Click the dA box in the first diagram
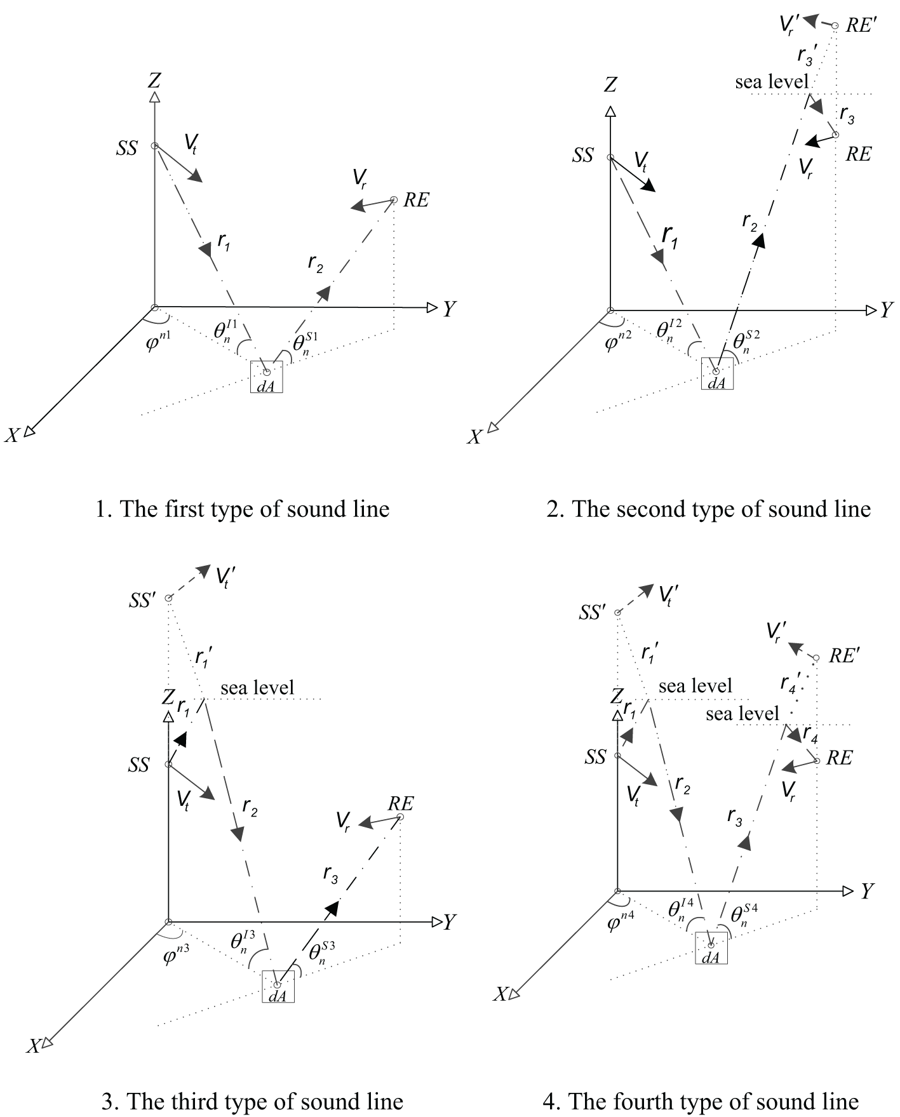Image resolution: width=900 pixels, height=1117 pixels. [x=266, y=377]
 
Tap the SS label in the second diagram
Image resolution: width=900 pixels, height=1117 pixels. [x=582, y=156]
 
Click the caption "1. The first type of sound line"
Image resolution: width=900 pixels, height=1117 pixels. [x=242, y=509]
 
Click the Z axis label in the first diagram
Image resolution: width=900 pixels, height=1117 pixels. [x=154, y=81]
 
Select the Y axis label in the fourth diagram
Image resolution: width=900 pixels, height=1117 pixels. [x=868, y=892]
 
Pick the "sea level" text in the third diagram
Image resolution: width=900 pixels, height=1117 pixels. [x=257, y=688]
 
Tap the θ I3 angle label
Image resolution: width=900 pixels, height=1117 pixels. [x=243, y=940]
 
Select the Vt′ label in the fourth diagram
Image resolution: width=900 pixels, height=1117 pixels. [x=669, y=594]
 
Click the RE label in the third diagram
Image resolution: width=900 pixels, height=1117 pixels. [x=400, y=804]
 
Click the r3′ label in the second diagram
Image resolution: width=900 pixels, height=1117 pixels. [x=807, y=56]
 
